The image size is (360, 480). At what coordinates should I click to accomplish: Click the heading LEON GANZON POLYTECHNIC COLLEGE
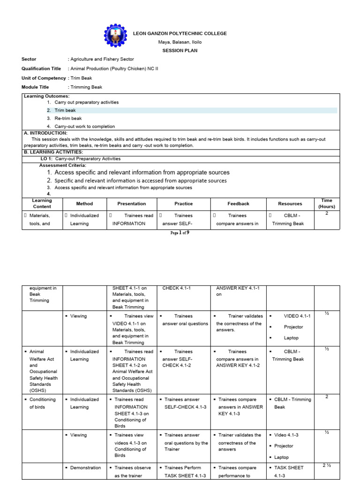click(x=180, y=34)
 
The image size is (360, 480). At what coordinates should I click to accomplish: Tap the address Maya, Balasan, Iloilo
click(x=180, y=42)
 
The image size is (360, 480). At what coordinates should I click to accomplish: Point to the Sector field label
click(x=29, y=60)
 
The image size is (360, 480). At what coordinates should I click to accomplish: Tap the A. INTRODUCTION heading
click(x=45, y=133)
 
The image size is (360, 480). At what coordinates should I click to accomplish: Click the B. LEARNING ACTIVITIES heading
click(x=53, y=152)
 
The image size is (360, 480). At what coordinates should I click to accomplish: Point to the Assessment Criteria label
click(x=62, y=165)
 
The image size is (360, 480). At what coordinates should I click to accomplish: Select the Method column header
click(x=84, y=204)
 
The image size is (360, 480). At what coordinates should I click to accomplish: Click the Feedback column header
click(x=238, y=204)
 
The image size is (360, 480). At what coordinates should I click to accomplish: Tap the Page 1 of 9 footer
click(x=180, y=232)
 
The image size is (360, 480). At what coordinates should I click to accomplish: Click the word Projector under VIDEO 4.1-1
click(x=293, y=327)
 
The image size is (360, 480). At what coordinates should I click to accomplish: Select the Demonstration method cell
click(x=85, y=468)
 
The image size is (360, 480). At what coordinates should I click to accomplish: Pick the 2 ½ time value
click(x=326, y=465)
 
